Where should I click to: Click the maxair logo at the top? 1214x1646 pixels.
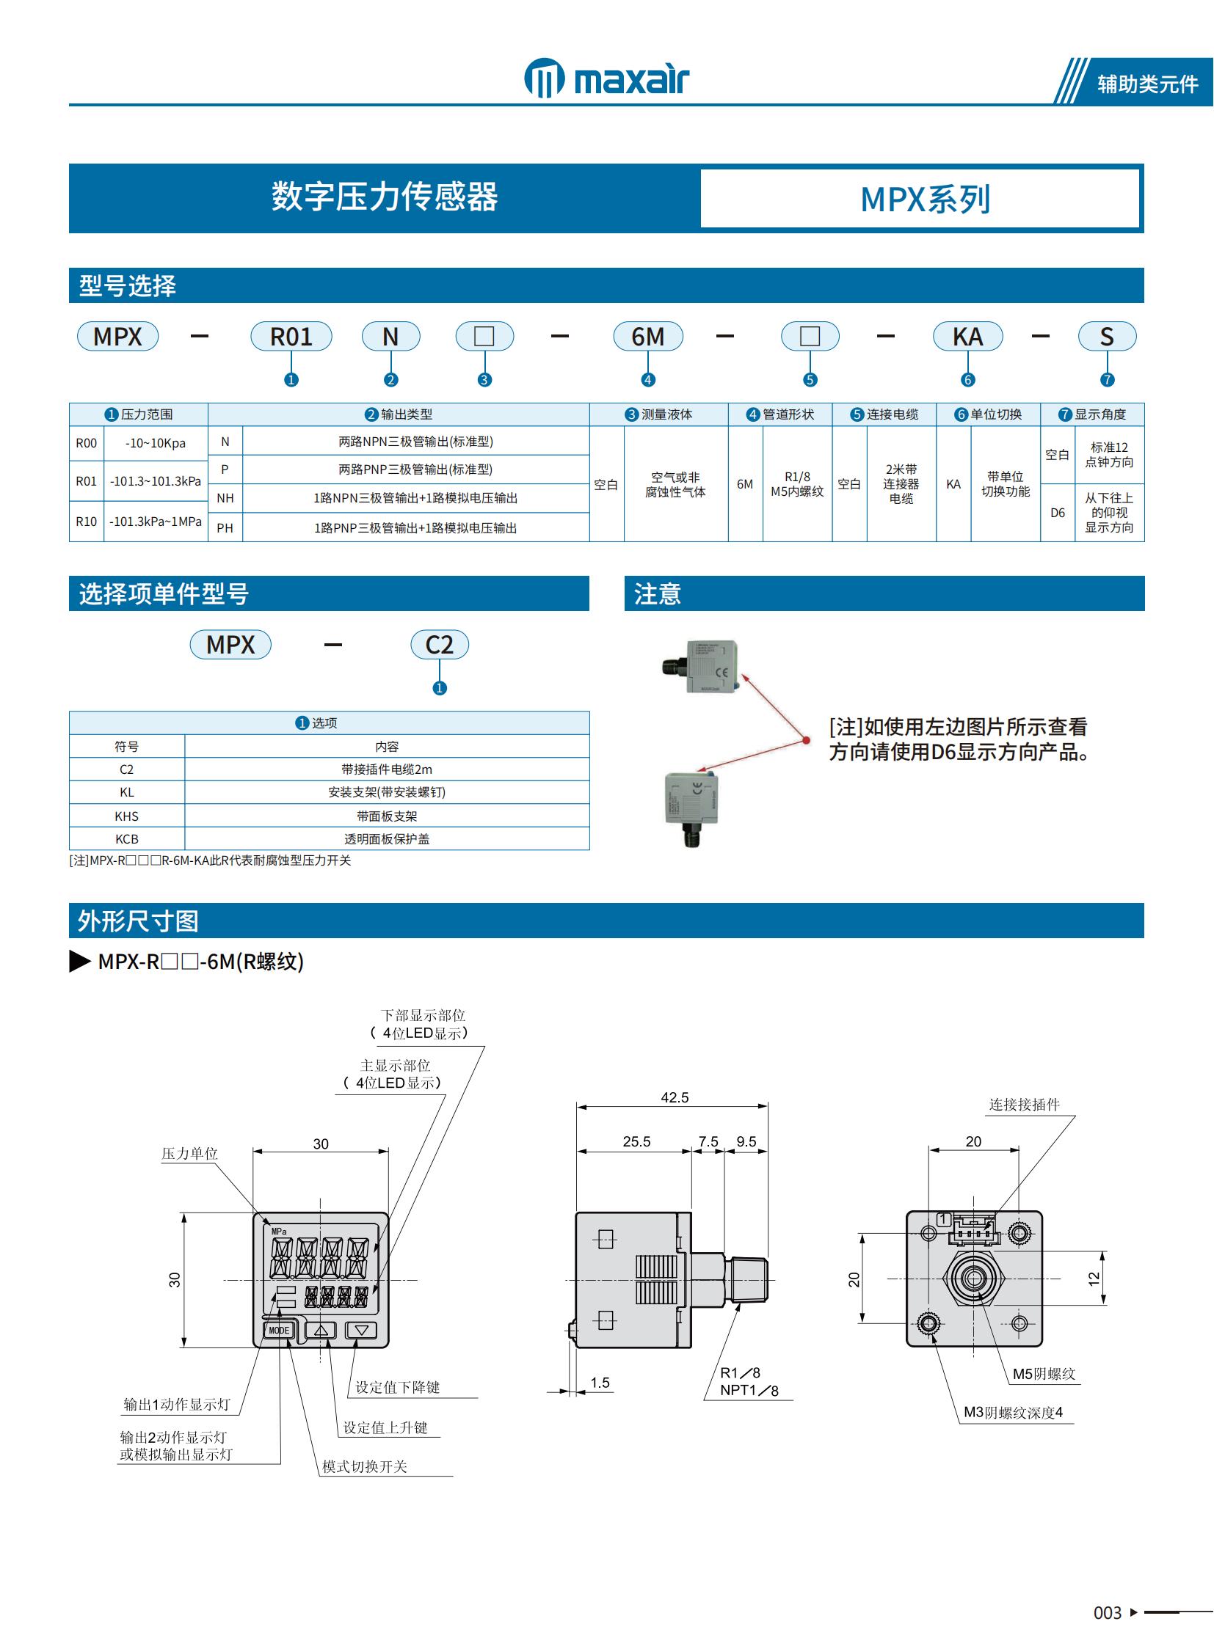(607, 78)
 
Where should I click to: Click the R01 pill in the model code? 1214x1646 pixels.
(291, 337)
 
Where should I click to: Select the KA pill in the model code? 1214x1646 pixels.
(967, 337)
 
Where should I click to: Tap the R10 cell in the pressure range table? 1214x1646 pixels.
(86, 522)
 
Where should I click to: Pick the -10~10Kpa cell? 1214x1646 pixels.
(155, 444)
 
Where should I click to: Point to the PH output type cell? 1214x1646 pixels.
(225, 528)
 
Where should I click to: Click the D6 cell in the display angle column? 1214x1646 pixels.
(1057, 513)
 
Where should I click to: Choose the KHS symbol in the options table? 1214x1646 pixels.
(126, 816)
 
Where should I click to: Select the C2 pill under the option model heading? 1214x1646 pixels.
(439, 645)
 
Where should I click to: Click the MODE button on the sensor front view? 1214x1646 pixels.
(278, 1330)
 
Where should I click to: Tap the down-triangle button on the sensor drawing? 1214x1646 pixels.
(361, 1329)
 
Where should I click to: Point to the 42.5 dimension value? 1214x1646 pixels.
(674, 1097)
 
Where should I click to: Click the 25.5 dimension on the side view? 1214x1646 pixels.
(636, 1141)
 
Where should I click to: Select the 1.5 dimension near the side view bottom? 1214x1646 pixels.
(600, 1383)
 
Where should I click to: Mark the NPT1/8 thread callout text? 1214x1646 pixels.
(749, 1391)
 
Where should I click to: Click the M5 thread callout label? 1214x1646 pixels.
(1044, 1374)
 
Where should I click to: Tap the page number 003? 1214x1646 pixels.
(1107, 1613)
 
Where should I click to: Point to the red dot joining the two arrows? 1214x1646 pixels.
(806, 740)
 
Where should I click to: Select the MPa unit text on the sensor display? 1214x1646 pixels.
(279, 1231)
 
